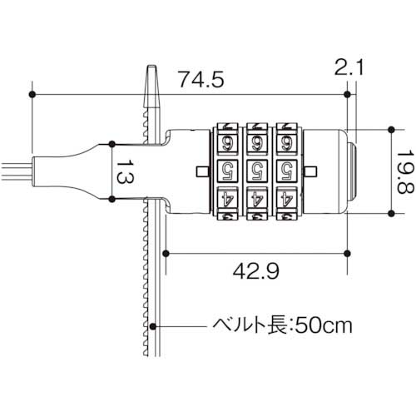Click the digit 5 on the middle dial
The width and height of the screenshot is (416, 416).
tap(257, 171)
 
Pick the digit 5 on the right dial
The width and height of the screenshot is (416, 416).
tap(285, 171)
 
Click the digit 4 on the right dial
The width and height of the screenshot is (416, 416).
tap(285, 200)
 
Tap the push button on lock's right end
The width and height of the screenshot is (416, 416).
tap(353, 170)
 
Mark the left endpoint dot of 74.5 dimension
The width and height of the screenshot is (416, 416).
tap(32, 95)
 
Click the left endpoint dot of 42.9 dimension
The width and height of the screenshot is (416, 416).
tap(167, 252)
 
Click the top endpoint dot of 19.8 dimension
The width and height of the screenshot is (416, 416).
tap(389, 130)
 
